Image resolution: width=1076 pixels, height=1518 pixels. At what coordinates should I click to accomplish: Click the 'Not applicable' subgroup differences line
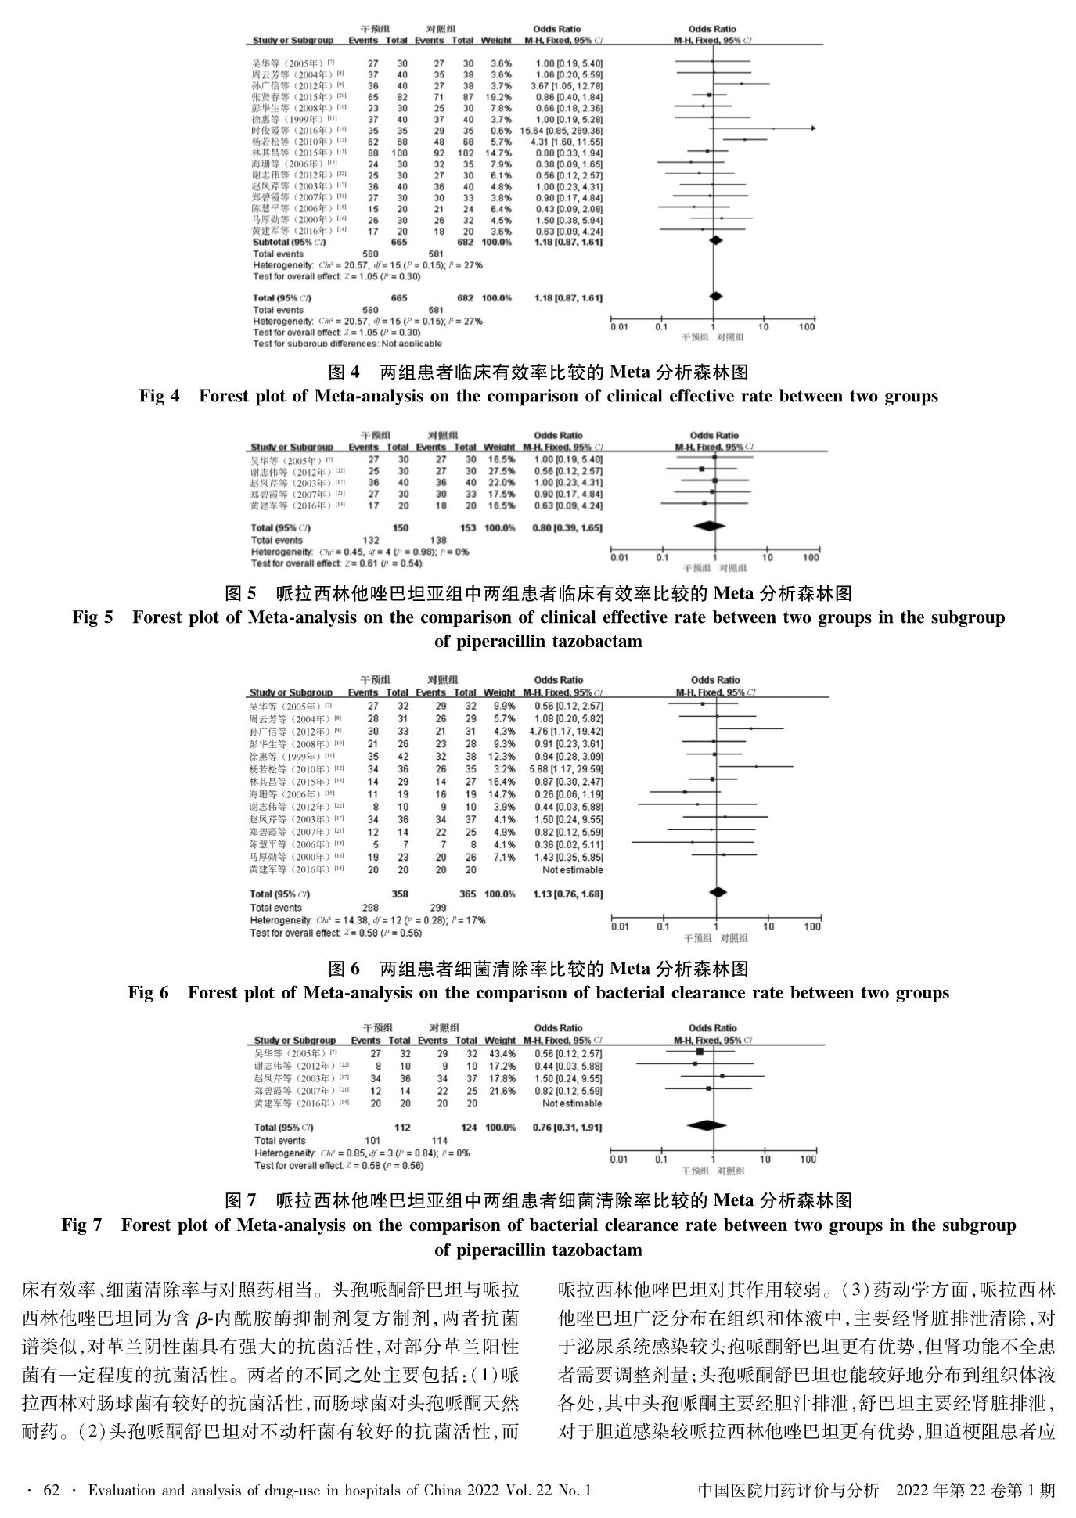[347, 344]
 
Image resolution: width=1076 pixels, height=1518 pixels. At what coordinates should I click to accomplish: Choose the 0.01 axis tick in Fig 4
[620, 327]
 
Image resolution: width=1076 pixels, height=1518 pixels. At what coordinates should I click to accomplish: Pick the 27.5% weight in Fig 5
[500, 472]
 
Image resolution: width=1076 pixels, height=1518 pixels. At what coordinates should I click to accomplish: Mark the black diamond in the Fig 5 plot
[710, 527]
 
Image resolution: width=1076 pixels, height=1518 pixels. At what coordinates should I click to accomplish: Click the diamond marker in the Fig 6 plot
[717, 892]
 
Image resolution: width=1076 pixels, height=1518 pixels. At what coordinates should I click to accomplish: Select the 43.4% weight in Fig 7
[500, 1054]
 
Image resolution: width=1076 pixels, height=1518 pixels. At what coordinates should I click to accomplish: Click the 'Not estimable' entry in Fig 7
[573, 1104]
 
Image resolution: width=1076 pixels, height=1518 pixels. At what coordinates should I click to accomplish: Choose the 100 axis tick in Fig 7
[808, 1160]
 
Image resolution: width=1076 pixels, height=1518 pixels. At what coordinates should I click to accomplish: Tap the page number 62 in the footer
[52, 1491]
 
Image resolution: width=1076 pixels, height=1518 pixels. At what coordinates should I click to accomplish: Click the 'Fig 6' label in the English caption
[148, 993]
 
